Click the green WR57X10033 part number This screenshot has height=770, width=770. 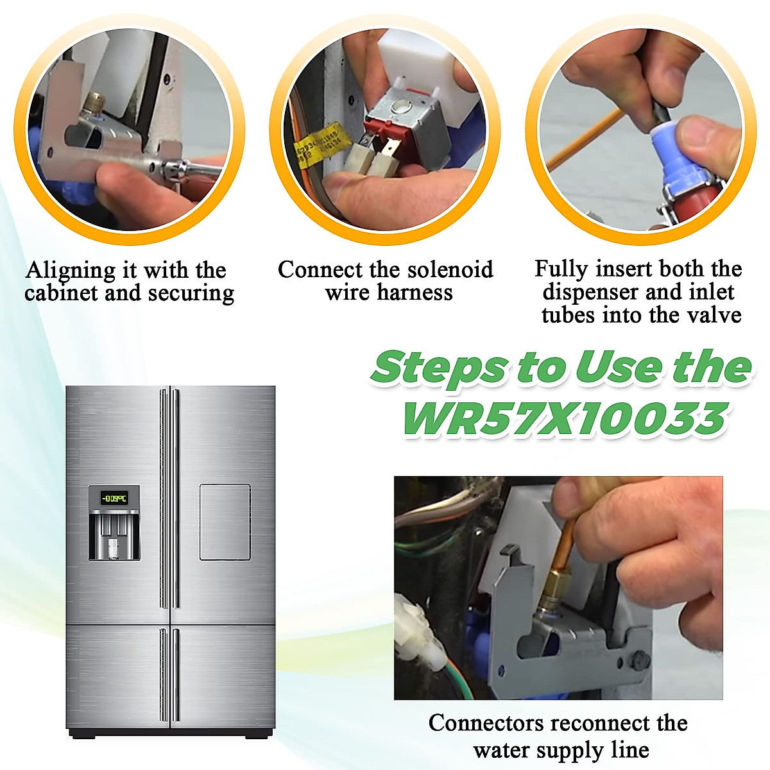(x=564, y=419)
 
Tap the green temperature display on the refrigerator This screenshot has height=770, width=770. (x=114, y=498)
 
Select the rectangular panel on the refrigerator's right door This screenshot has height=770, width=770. (x=225, y=522)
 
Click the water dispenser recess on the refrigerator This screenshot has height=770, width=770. (x=114, y=536)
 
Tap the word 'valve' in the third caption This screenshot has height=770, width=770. (x=715, y=315)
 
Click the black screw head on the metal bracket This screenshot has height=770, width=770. (x=638, y=660)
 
